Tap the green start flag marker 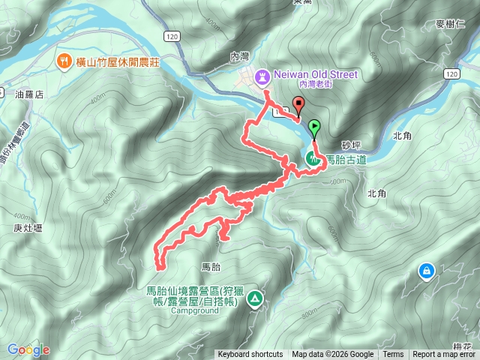(315, 127)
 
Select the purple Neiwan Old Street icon (262, 76)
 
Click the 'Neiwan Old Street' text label (316, 75)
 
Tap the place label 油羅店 (30, 94)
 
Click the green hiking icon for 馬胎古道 (311, 157)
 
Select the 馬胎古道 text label (346, 160)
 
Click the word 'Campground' (193, 313)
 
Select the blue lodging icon (426, 270)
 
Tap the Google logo (28, 349)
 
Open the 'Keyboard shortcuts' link (250, 355)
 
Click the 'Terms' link (393, 355)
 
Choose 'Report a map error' (445, 355)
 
